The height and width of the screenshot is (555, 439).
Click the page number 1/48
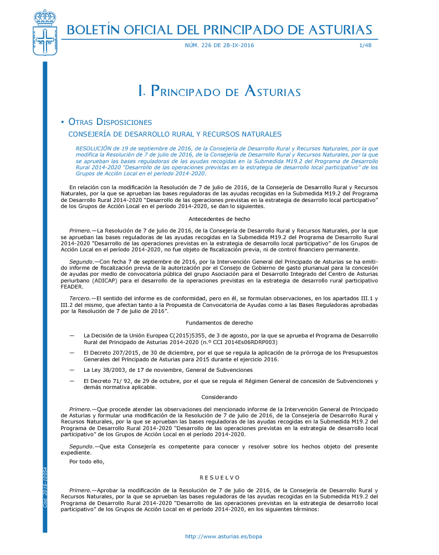(365, 46)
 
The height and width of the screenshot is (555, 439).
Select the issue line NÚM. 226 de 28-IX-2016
(219, 46)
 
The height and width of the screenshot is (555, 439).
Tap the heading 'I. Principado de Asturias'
(219, 92)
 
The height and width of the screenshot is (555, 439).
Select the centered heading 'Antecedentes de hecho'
(219, 219)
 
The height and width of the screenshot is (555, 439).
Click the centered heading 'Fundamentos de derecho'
(219, 322)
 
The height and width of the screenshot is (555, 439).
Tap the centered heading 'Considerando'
(219, 397)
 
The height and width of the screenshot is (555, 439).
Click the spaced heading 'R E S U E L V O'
(219, 477)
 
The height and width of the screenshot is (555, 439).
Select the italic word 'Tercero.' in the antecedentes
(80, 299)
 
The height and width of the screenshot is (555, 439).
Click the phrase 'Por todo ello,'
(86, 461)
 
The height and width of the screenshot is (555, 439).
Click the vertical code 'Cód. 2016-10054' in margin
(45, 487)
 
